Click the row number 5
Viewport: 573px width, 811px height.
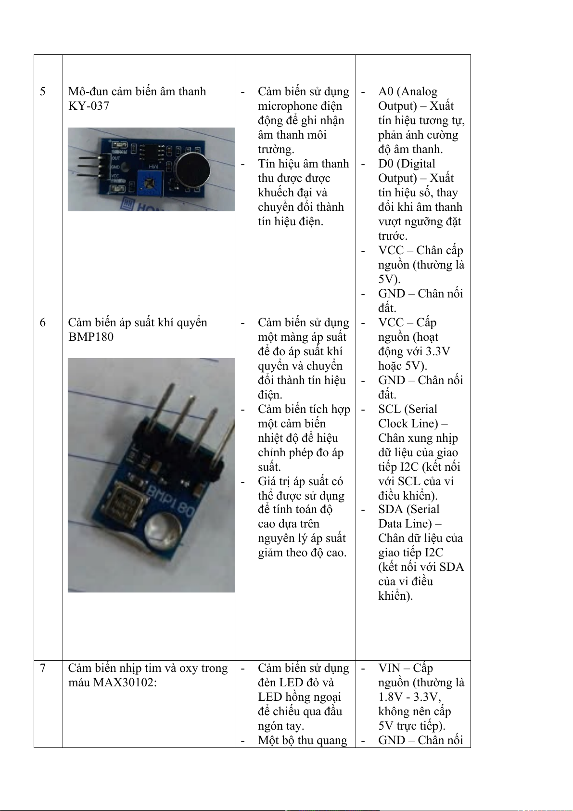pos(42,91)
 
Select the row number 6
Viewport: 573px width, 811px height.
pos(42,322)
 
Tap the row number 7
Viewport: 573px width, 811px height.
pos(42,668)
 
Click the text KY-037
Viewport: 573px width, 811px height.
pos(89,106)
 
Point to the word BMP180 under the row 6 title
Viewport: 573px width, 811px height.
pos(91,337)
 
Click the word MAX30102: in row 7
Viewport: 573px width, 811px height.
pos(125,682)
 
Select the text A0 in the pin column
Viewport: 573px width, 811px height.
pos(386,91)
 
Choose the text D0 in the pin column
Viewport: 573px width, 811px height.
pos(386,164)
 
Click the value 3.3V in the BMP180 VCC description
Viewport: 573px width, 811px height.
pos(438,351)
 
